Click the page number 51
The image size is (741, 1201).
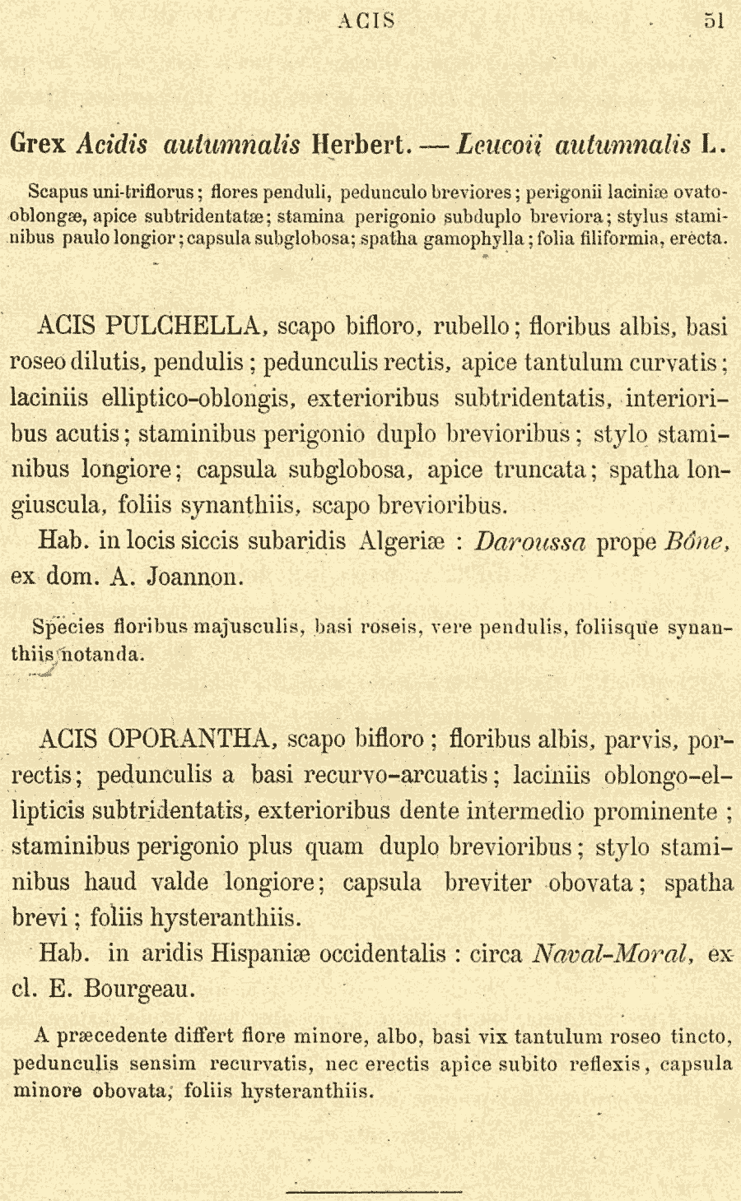[x=714, y=21]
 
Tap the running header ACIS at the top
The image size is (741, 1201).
[x=366, y=21]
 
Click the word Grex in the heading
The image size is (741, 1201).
[x=38, y=145]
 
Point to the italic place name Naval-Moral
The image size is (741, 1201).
[x=611, y=953]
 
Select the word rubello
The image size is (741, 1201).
[x=473, y=327]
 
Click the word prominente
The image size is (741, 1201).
[x=655, y=811]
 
